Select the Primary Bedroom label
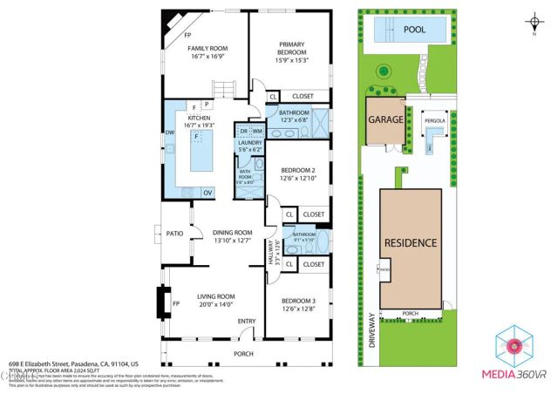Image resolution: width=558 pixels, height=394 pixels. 292,49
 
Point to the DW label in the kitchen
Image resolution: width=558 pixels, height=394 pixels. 171,132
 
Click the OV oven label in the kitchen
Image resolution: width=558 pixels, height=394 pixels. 208,193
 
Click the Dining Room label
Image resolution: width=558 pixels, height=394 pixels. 232,236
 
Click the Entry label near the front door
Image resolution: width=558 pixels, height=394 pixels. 247,322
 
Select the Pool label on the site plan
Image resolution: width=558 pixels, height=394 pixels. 414,30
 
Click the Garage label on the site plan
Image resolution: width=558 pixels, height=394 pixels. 384,119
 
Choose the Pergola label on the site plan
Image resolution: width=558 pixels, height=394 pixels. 434,120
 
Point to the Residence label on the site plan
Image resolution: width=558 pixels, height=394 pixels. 411,241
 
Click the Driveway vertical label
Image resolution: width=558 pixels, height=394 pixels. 371,331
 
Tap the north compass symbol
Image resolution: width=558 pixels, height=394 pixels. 534,22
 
